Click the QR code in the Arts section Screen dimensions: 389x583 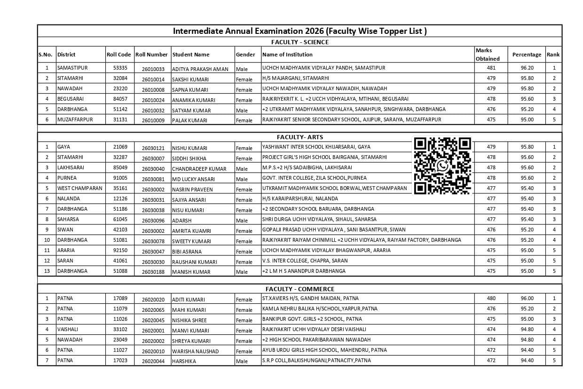[442, 166]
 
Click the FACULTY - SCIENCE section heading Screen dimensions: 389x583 [299, 42]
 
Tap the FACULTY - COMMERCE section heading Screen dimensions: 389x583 [299, 289]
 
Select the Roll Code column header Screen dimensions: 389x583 [118, 55]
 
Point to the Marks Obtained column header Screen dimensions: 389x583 [487, 55]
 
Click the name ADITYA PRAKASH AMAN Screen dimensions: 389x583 [200, 69]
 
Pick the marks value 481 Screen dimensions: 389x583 [491, 68]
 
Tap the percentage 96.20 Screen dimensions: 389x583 [527, 68]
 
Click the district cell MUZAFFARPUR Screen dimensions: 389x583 [75, 119]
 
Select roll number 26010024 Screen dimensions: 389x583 [153, 100]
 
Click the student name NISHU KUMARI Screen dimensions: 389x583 [189, 148]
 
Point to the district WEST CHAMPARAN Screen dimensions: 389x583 [79, 188]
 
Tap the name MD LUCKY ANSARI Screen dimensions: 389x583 [193, 179]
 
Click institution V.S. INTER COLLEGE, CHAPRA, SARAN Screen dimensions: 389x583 [305, 261]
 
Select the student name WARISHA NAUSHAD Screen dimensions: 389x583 [195, 351]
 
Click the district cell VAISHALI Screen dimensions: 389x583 [68, 329]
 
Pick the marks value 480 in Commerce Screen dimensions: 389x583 [491, 298]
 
